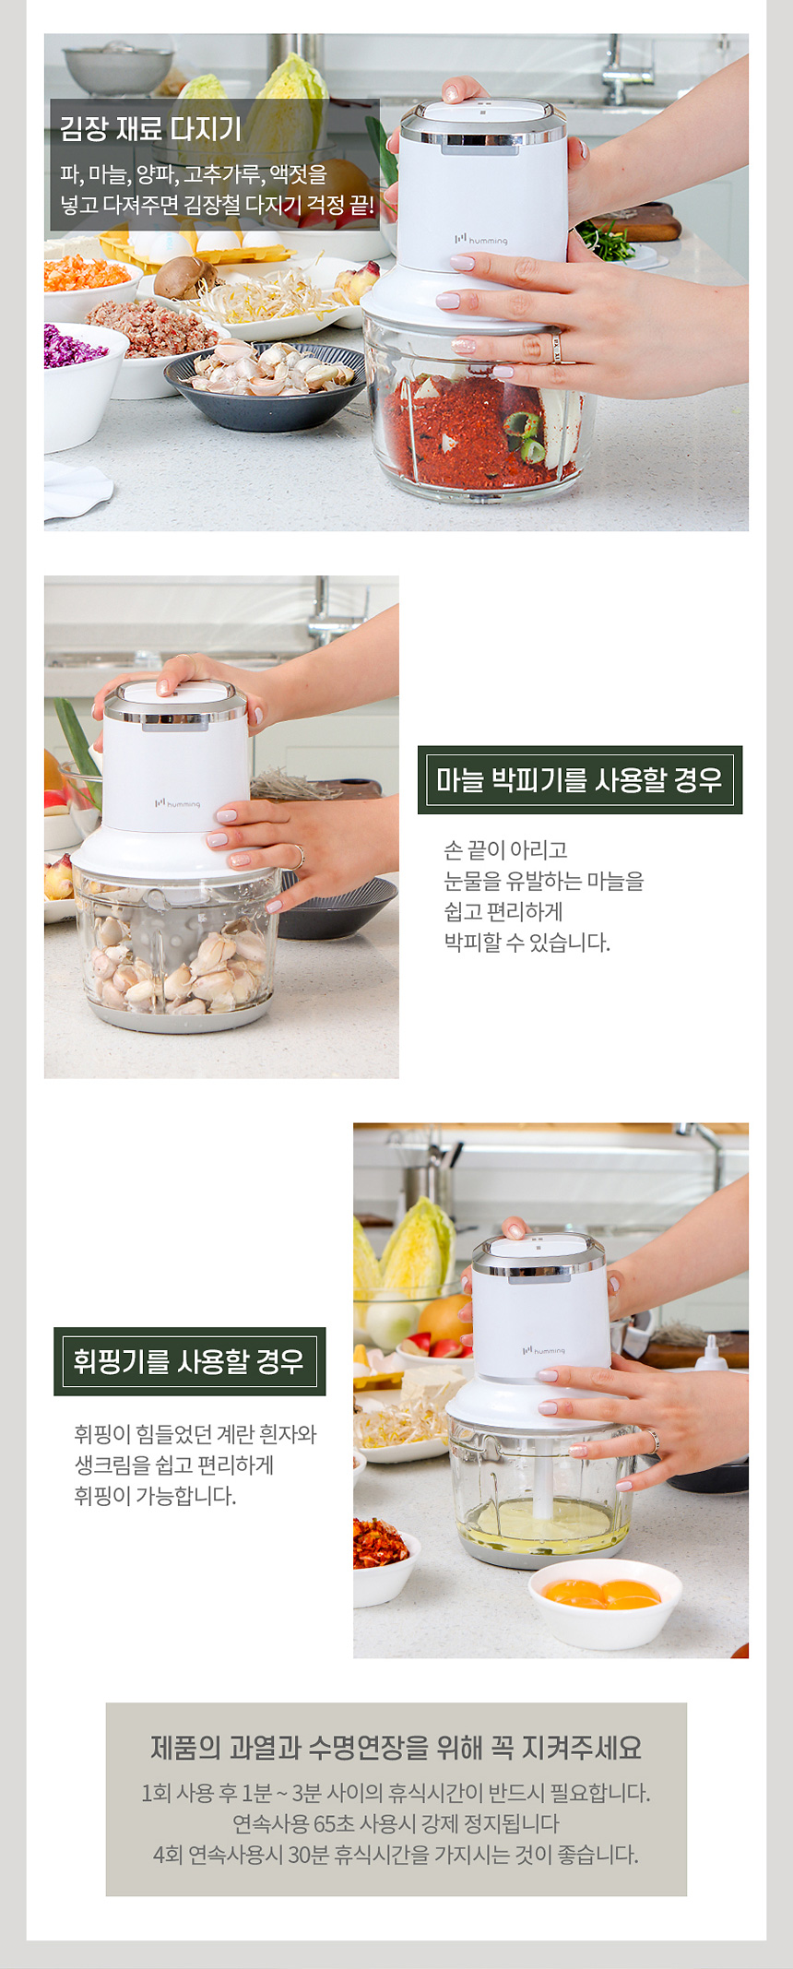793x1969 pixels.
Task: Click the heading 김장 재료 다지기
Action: coord(150,128)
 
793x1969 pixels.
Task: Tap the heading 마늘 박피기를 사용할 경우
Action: coord(579,780)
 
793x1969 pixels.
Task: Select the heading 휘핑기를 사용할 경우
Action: coord(189,1361)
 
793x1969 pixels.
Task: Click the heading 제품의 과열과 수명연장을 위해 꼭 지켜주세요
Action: coord(396,1747)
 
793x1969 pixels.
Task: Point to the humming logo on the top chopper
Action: coord(480,240)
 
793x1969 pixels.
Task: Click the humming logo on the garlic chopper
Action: coord(177,803)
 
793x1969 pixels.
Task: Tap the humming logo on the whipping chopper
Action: coord(543,1350)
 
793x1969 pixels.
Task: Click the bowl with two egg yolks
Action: coord(605,1602)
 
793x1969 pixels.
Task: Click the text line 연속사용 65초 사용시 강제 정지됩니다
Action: coord(396,1823)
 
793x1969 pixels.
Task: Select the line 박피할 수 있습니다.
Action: coord(527,943)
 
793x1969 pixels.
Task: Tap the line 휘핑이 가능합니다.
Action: coord(155,1496)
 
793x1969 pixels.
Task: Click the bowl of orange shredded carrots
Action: coord(89,286)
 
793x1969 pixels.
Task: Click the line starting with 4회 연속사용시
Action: coord(396,1854)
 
